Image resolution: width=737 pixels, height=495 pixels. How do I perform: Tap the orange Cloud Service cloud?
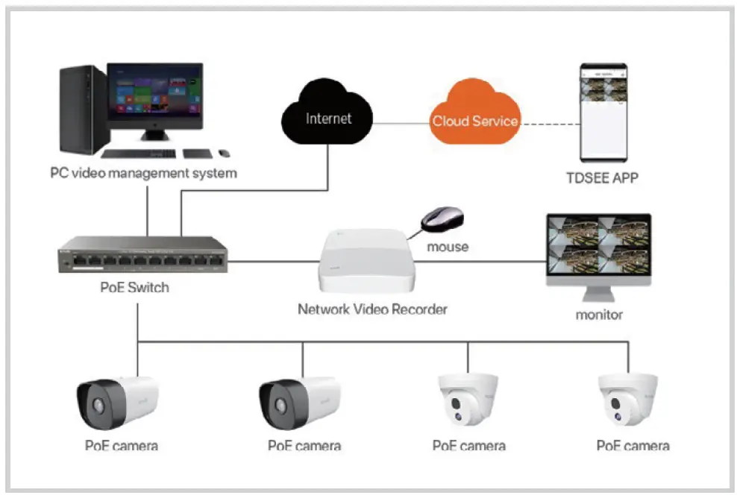pyautogui.click(x=474, y=119)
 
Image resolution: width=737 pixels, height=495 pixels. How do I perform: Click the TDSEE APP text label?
pyautogui.click(x=602, y=177)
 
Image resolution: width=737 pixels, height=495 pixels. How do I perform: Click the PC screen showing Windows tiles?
pyautogui.click(x=154, y=94)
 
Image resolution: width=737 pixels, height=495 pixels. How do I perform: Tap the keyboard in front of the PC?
pyautogui.click(x=138, y=154)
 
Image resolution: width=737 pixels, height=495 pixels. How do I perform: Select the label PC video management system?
pyautogui.click(x=143, y=174)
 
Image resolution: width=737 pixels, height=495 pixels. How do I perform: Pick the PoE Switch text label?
pyautogui.click(x=135, y=287)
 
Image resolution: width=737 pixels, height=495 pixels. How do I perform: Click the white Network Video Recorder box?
pyautogui.click(x=365, y=261)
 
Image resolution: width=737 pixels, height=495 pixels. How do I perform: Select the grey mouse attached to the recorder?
pyautogui.click(x=442, y=219)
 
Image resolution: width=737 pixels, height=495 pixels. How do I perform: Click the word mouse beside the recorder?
pyautogui.click(x=447, y=247)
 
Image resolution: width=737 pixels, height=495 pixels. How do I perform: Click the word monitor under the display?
pyautogui.click(x=599, y=315)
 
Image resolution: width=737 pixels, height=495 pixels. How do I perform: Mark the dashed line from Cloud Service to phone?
pyautogui.click(x=551, y=121)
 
